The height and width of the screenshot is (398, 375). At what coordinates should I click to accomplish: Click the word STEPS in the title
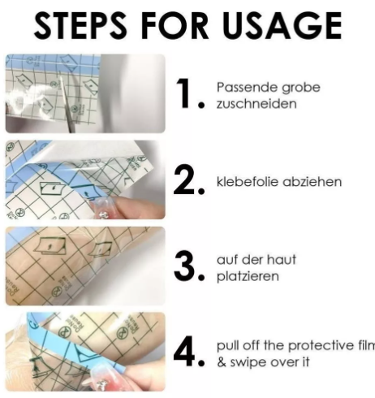80,26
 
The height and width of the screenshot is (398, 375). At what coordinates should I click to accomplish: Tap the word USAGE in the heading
282,26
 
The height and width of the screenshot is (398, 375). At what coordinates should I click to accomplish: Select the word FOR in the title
175,26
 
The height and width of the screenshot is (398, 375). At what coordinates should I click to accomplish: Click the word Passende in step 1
247,87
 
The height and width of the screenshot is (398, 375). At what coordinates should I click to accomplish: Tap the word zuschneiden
256,104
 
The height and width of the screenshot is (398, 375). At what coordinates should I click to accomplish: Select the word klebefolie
248,182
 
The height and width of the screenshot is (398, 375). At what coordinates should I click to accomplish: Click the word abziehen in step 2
312,182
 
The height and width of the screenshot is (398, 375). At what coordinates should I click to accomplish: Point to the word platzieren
248,277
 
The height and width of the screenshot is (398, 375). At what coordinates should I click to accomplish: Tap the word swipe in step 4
247,363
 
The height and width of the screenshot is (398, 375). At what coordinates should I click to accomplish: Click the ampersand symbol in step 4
222,362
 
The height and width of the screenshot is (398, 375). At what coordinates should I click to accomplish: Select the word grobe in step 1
301,88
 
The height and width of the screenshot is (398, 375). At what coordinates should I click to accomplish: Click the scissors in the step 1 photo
66,103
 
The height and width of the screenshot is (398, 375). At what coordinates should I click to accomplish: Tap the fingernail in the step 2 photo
101,208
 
